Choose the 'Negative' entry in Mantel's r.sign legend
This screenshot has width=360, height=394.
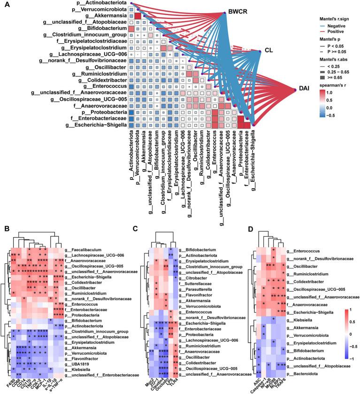337,29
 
